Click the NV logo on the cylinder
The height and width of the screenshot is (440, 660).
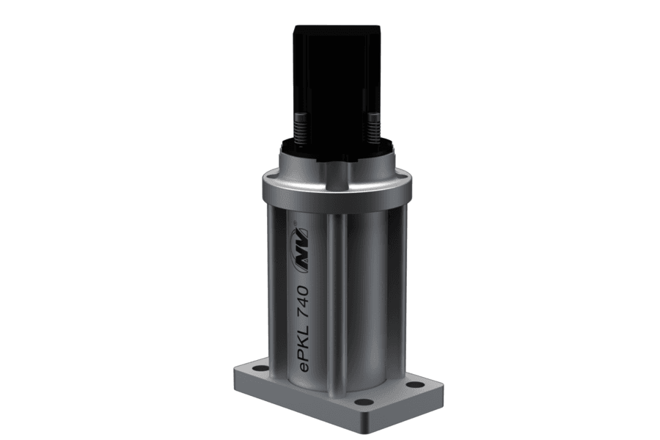(302, 240)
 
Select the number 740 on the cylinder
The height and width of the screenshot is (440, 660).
(303, 298)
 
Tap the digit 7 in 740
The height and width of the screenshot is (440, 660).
(303, 311)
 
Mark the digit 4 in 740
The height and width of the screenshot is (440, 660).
(303, 298)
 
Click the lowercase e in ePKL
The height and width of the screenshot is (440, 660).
(304, 366)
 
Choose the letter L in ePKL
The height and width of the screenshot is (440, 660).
(303, 328)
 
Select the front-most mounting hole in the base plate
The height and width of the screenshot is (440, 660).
(361, 402)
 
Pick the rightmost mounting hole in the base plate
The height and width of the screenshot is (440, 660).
(414, 384)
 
